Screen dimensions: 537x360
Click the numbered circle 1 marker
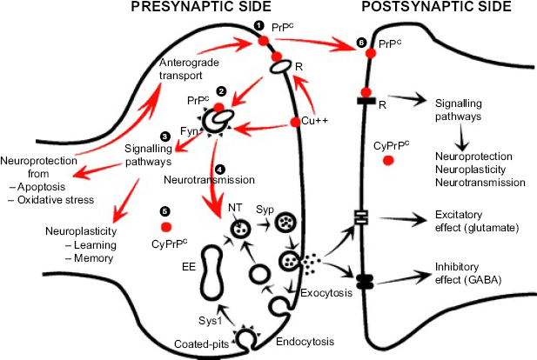tap(258, 26)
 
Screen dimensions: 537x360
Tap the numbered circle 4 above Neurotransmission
tap(220, 169)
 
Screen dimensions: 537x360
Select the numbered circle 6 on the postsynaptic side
tap(361, 43)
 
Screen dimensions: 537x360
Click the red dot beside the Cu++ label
tap(295, 122)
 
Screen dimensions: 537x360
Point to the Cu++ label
tap(314, 121)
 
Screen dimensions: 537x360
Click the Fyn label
tap(189, 131)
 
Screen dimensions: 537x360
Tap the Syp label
tap(265, 210)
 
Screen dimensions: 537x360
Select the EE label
tap(189, 267)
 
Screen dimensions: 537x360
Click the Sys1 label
tap(211, 321)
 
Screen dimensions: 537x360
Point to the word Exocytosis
tap(326, 293)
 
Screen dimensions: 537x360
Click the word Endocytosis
tap(305, 342)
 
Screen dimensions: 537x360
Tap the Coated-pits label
tap(201, 344)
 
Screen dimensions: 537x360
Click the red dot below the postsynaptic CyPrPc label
tap(388, 160)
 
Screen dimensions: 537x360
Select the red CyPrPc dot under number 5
tap(166, 227)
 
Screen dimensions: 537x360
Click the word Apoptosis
tap(41, 187)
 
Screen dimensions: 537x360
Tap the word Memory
tap(93, 258)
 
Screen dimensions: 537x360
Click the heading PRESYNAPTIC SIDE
tap(201, 6)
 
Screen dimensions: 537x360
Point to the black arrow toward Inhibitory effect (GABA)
tap(402, 277)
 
